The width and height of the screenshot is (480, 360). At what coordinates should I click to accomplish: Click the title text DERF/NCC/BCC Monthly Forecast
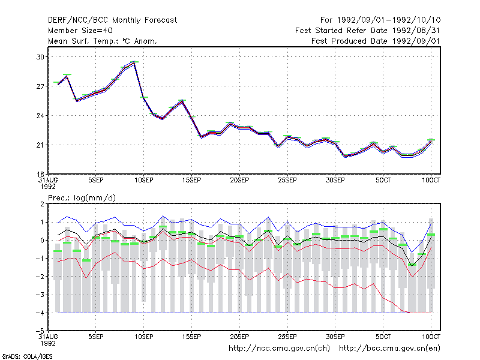pos(112,20)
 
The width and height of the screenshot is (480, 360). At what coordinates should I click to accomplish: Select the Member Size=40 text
pos(80,31)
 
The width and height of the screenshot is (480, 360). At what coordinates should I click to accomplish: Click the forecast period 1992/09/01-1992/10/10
pos(380,20)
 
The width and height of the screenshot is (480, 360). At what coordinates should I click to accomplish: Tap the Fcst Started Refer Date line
pos(368,31)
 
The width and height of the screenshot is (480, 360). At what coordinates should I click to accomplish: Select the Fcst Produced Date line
pos(376,41)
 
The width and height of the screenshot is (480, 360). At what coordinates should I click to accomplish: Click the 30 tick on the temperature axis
pos(40,57)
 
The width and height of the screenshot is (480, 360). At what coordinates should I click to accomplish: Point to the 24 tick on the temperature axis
pos(40,116)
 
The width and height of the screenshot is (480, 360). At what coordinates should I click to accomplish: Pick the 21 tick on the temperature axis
pos(40,145)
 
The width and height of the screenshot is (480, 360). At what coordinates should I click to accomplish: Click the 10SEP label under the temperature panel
pos(144,180)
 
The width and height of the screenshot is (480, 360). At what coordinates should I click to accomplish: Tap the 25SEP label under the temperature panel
pos(287,180)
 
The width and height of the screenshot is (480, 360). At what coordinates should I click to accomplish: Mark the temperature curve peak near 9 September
pos(134,62)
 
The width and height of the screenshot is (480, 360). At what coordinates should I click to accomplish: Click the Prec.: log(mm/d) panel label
pos(82,198)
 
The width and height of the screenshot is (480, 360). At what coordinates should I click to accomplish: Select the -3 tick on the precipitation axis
pos(40,295)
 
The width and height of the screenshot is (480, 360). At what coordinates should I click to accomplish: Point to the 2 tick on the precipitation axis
pos(42,204)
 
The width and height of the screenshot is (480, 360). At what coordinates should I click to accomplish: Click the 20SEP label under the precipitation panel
pos(239,337)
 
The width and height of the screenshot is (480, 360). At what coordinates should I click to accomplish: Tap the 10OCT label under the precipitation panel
pos(431,337)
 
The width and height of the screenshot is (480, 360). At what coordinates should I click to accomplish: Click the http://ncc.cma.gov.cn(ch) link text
pos(279,349)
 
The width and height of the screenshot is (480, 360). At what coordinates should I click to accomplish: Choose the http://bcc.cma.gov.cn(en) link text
pos(389,349)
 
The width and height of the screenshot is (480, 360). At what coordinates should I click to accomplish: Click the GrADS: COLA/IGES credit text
pos(27,356)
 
